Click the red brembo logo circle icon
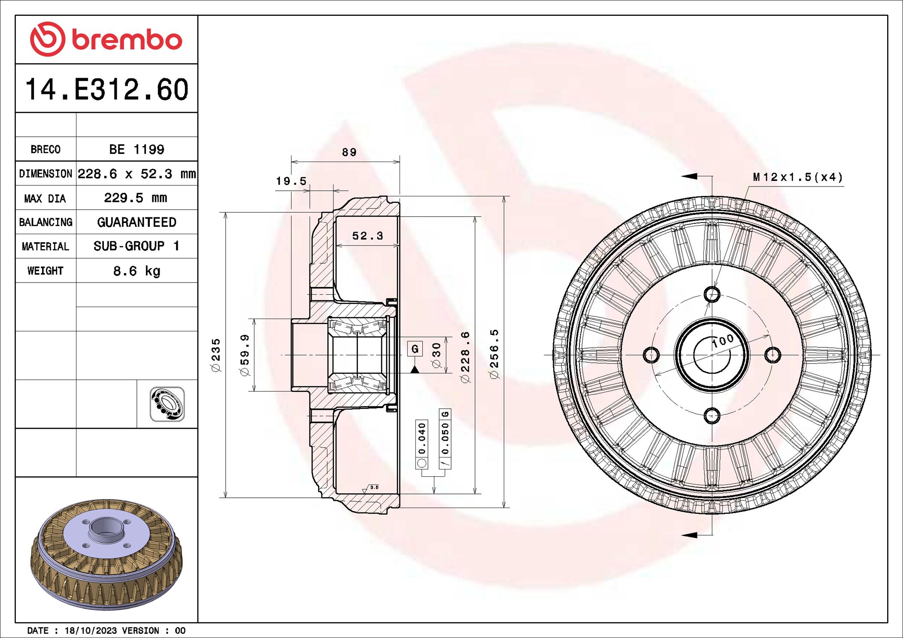(x=47, y=39)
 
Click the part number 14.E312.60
(x=106, y=90)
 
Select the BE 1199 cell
(x=136, y=149)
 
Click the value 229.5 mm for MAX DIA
(x=136, y=198)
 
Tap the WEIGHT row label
(x=45, y=271)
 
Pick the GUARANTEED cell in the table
(x=136, y=222)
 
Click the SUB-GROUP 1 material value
(x=136, y=246)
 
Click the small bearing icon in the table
(x=167, y=404)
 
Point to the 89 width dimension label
(x=349, y=152)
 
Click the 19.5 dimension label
(x=291, y=181)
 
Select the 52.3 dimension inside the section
(x=367, y=236)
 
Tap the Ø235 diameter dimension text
(x=216, y=355)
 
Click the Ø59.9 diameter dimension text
(x=245, y=355)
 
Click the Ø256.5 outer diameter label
(x=494, y=354)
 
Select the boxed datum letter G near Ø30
(x=415, y=349)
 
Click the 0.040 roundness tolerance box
(x=422, y=439)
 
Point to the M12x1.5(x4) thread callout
(x=797, y=177)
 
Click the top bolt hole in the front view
(x=712, y=295)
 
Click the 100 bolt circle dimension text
(x=723, y=341)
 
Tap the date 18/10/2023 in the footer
(x=91, y=630)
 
